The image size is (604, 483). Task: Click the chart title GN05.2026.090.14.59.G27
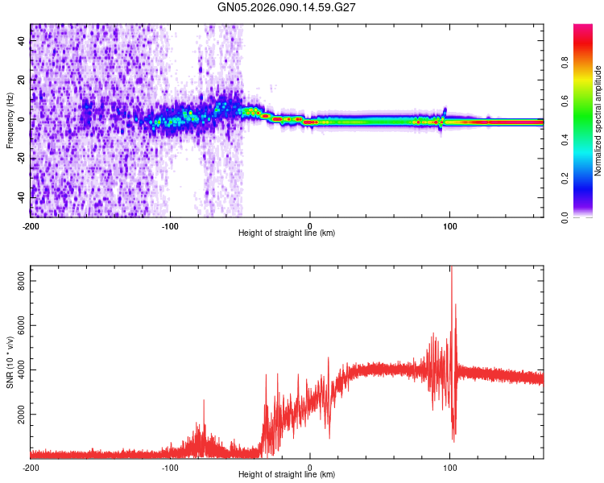click(287, 7)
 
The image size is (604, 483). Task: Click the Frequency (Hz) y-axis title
click(10, 121)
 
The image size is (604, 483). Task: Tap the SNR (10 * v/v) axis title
click(10, 362)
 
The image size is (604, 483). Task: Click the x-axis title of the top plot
click(287, 233)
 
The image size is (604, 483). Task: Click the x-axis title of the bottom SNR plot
click(287, 474)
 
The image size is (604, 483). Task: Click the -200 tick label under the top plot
click(31, 225)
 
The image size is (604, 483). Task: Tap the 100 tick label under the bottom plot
click(450, 466)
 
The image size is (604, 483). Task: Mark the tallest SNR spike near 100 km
click(451, 268)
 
